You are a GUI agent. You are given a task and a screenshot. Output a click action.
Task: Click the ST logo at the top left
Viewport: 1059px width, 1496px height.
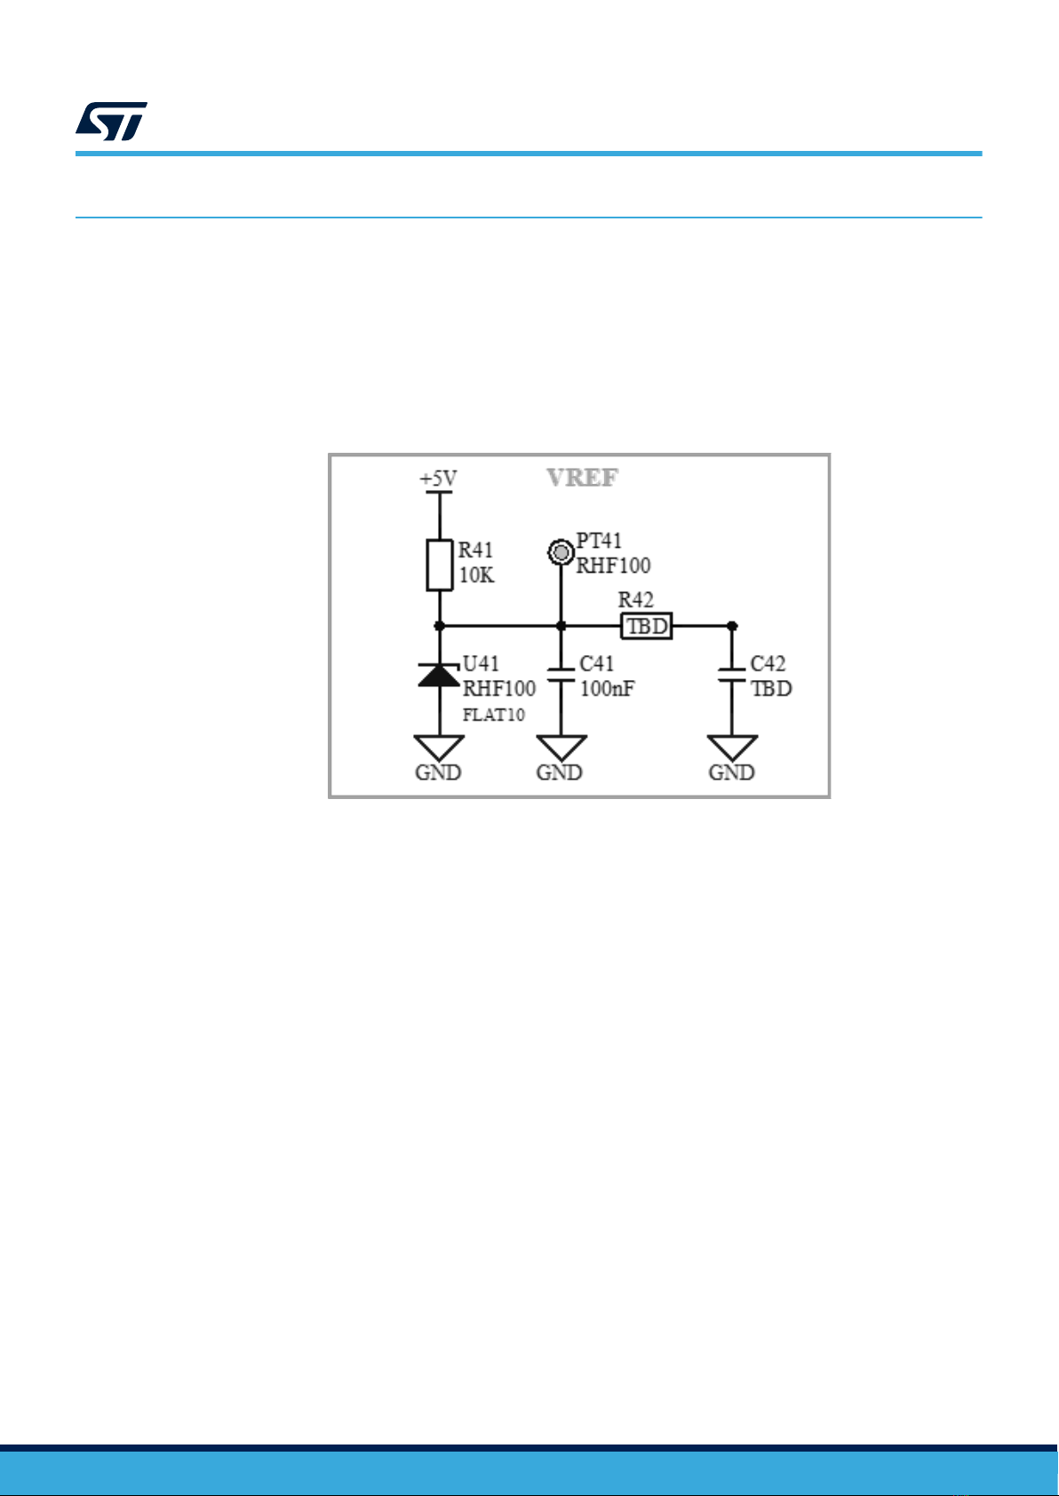112,121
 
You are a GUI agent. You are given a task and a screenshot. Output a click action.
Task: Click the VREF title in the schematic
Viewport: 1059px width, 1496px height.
583,478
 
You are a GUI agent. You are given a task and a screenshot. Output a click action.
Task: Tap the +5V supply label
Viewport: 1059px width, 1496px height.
438,479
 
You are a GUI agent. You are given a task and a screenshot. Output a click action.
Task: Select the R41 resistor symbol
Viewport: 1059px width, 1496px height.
440,565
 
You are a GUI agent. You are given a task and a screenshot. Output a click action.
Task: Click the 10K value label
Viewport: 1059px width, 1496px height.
476,575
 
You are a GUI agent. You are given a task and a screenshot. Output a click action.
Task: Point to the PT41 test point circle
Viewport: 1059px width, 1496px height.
561,552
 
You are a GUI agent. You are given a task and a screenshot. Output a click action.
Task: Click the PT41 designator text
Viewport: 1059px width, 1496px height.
599,540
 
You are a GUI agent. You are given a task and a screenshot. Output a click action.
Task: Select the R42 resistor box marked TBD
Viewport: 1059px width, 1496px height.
646,626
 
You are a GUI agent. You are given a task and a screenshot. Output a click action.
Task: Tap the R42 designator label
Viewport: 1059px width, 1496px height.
635,599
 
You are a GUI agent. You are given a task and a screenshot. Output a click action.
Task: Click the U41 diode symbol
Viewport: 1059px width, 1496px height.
440,676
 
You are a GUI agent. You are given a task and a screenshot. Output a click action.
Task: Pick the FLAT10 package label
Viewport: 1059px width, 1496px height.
494,715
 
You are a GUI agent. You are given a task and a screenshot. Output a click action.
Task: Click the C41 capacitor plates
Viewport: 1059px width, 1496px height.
561,675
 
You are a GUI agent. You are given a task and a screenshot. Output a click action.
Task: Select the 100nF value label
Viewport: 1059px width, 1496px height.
608,688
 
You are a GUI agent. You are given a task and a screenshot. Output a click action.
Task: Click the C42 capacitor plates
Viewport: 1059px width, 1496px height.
731,675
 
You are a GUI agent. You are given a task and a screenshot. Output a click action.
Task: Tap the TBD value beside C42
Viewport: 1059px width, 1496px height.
771,688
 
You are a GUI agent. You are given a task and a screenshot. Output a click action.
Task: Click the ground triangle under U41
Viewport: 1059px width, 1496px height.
440,748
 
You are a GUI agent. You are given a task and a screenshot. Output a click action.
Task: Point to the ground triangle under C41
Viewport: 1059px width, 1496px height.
561,748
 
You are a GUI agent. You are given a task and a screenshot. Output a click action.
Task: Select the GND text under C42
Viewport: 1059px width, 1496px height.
731,772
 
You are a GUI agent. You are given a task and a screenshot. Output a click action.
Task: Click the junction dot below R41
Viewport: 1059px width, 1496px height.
439,626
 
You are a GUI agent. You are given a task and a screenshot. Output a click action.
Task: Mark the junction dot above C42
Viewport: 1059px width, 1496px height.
732,626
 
